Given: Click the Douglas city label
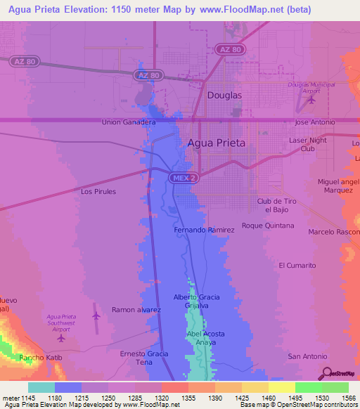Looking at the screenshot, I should pos(224,95).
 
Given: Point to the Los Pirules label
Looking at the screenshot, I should pos(98,191).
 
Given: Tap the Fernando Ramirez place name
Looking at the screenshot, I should pos(205,230).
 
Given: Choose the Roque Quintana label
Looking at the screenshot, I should pos(268,226).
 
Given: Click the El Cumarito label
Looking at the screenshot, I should pos(297,265).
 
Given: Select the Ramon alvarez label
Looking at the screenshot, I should pos(137,309).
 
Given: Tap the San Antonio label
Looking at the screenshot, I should pos(308,356).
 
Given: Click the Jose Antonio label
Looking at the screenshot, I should pos(314,122).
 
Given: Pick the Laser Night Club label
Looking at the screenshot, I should pos(308,144).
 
